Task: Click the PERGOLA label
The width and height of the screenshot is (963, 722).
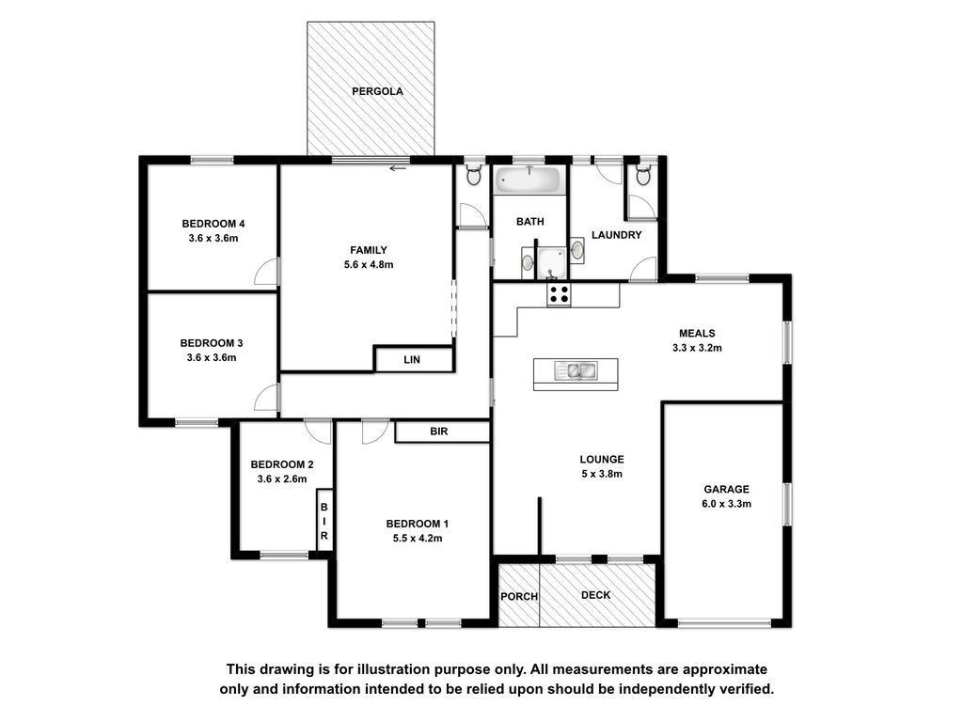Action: (x=377, y=91)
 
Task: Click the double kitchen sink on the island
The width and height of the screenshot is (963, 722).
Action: (x=576, y=370)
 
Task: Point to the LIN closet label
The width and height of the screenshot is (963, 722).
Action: (x=412, y=360)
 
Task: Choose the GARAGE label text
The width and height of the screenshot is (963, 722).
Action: (x=727, y=489)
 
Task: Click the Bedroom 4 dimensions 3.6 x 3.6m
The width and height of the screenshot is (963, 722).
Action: (x=213, y=238)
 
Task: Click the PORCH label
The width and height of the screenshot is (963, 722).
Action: (x=519, y=596)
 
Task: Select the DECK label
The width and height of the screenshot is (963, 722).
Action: (x=595, y=595)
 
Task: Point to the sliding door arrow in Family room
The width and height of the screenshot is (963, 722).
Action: (x=398, y=168)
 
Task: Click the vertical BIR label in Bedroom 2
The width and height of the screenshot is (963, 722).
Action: (x=324, y=521)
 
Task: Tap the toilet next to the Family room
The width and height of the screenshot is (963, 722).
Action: (x=473, y=175)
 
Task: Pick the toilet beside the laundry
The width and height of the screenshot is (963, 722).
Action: (x=643, y=175)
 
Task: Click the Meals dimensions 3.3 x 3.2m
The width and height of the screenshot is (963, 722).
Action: (x=697, y=348)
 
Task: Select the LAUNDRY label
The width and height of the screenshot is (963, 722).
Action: (x=617, y=235)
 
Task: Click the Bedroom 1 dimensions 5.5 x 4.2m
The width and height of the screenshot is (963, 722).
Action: (x=418, y=539)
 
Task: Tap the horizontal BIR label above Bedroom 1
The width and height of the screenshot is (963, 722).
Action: (x=439, y=432)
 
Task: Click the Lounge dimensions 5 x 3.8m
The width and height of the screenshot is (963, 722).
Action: (x=602, y=474)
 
